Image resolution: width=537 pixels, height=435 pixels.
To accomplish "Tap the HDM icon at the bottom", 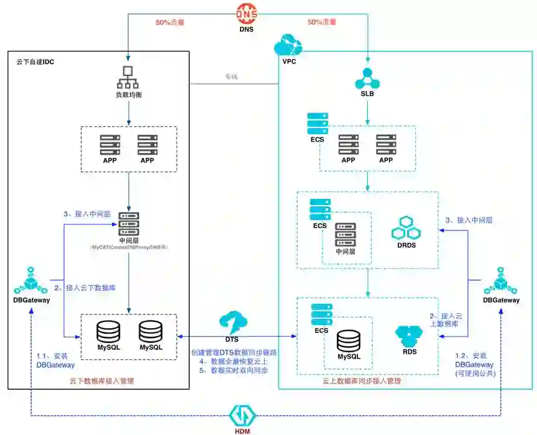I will tap(240, 415).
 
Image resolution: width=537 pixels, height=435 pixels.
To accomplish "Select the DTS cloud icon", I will tap(231, 323).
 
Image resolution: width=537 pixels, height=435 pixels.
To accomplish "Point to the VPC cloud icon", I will tap(288, 46).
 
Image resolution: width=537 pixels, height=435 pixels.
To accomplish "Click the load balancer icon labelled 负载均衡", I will tap(128, 76).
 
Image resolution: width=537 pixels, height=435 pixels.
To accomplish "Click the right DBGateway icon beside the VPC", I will tap(501, 282).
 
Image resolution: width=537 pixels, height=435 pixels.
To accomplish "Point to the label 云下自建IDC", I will tap(35, 62).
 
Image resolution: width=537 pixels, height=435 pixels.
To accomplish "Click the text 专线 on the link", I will tap(231, 77).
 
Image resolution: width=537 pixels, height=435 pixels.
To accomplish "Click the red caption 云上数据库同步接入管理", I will tap(361, 380).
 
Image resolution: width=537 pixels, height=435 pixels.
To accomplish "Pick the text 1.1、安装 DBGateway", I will tap(55, 360).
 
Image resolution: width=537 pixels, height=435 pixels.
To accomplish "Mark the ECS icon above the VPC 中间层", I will tap(320, 209).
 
